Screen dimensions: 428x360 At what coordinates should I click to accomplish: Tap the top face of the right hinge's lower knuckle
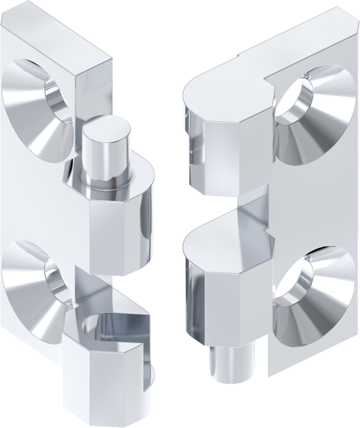tap(226, 234)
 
